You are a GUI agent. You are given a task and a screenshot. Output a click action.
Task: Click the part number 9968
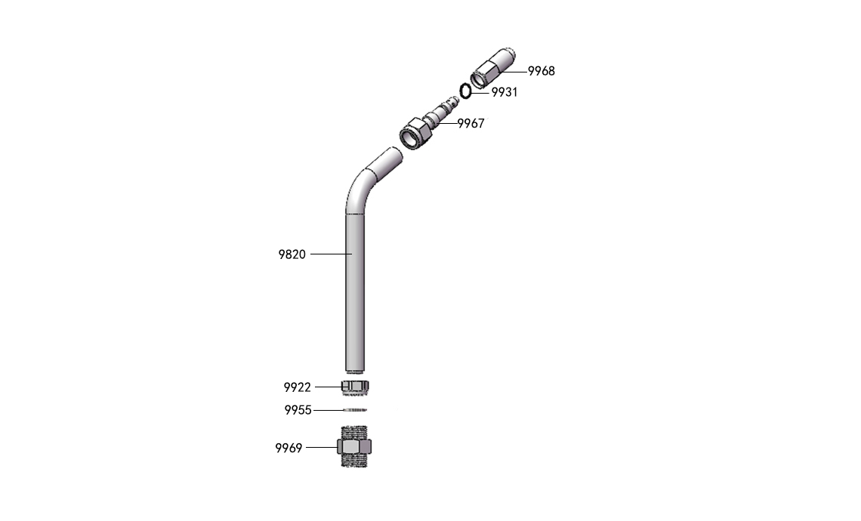(x=541, y=71)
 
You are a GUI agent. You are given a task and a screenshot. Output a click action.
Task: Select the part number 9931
(x=504, y=92)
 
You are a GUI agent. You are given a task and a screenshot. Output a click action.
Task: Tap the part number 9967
(x=471, y=124)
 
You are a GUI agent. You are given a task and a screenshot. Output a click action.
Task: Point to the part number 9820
(x=292, y=254)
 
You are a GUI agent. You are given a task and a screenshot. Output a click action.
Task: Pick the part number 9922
(x=297, y=387)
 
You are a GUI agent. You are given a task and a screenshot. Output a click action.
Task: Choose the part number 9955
(x=298, y=410)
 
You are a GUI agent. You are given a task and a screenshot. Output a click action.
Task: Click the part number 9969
(x=289, y=448)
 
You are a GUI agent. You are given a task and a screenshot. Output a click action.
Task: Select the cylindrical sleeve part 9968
(x=492, y=68)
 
